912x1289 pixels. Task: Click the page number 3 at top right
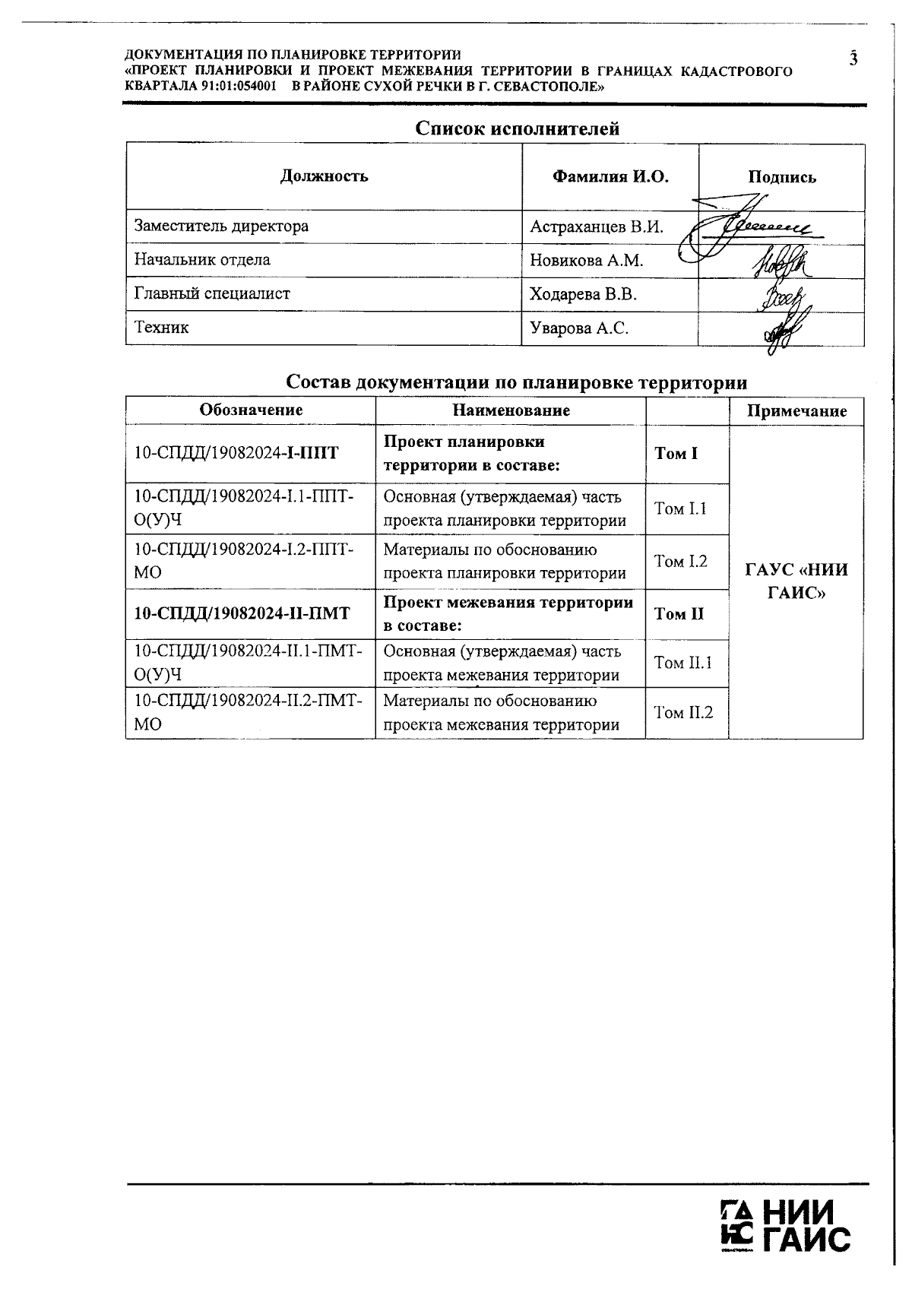click(x=853, y=59)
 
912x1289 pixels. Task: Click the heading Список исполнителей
click(x=517, y=128)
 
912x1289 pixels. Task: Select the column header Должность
click(x=324, y=176)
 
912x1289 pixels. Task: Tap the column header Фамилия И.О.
click(x=610, y=177)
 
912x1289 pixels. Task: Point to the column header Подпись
click(x=781, y=177)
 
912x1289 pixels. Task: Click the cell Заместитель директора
click(x=221, y=226)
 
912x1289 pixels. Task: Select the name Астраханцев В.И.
click(x=596, y=226)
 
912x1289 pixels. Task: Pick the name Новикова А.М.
click(x=586, y=260)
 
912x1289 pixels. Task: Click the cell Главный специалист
click(x=212, y=293)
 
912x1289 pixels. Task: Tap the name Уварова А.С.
click(x=579, y=328)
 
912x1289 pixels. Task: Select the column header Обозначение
click(x=251, y=410)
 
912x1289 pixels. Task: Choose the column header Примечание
click(x=796, y=411)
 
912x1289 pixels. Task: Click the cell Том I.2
click(x=680, y=562)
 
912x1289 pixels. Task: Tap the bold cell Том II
click(x=679, y=614)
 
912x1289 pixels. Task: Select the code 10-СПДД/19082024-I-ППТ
click(x=236, y=454)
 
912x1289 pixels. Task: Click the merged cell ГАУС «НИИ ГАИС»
click(x=796, y=581)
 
